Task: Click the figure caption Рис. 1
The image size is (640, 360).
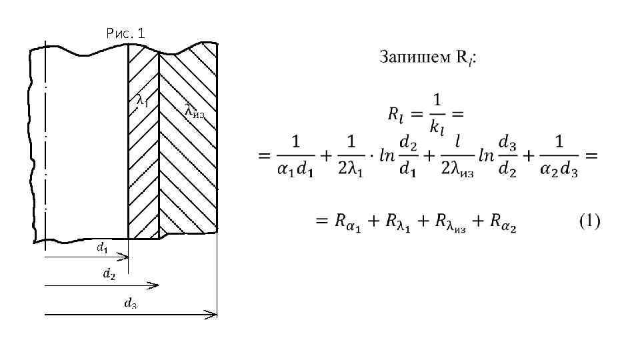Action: pos(125,33)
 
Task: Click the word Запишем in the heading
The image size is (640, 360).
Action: pos(407,57)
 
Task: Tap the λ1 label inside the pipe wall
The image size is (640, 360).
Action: pos(142,101)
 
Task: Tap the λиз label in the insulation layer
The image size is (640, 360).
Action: pos(194,111)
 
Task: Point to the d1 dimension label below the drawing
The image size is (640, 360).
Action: pos(103,248)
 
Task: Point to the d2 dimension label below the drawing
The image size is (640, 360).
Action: pos(109,273)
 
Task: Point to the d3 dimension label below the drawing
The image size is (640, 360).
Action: pos(131,303)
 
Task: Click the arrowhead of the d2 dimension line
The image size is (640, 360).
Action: pos(155,285)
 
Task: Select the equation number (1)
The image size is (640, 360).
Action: pos(589,221)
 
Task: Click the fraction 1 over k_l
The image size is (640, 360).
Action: pos(437,114)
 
